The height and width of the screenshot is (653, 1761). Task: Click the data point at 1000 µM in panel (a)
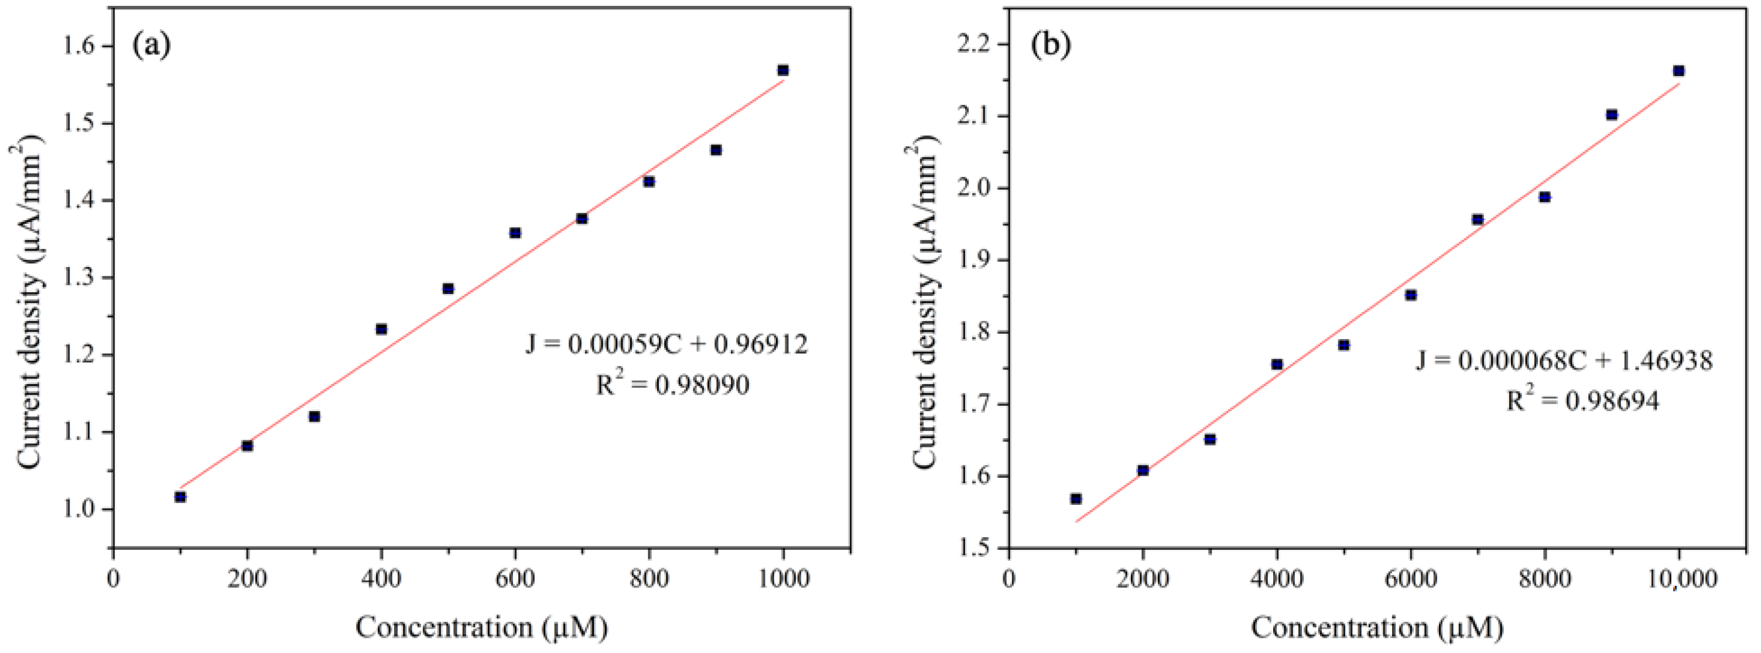click(x=783, y=70)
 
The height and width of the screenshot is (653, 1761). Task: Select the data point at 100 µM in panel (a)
click(x=180, y=497)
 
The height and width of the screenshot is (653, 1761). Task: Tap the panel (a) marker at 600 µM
click(x=515, y=233)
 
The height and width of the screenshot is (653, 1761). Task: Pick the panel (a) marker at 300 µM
click(x=314, y=416)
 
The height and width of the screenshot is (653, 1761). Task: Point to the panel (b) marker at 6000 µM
click(x=1410, y=295)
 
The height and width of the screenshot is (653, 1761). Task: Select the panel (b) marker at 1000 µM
click(x=1076, y=499)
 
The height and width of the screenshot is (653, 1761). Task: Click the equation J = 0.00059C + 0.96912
click(x=666, y=344)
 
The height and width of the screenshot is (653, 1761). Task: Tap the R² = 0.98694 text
click(x=1582, y=401)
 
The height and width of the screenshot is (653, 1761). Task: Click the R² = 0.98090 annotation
click(x=673, y=385)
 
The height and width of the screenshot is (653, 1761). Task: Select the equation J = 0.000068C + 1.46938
click(x=1564, y=360)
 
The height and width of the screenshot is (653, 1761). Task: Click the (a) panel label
click(x=152, y=45)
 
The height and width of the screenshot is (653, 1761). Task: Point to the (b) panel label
click(x=1051, y=45)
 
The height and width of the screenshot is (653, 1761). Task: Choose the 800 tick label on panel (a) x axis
click(x=649, y=579)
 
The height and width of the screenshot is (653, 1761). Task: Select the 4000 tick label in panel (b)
click(x=1276, y=579)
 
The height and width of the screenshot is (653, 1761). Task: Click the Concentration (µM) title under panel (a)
click(x=481, y=627)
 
